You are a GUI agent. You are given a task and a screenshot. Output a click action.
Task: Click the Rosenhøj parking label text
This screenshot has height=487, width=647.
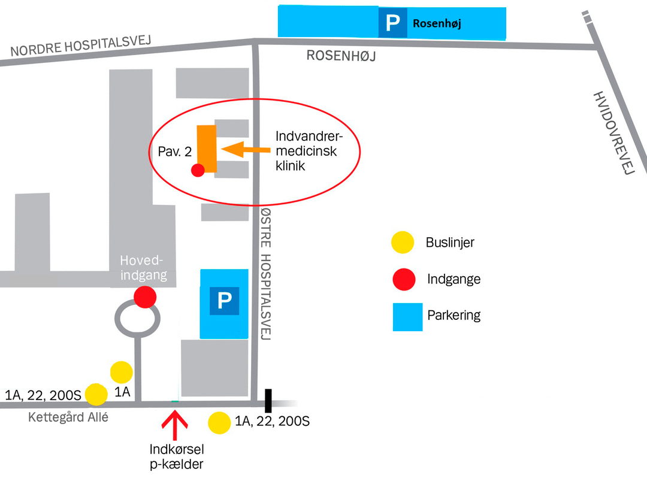437,23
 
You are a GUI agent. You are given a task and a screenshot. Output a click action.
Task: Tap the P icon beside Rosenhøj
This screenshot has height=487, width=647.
393,22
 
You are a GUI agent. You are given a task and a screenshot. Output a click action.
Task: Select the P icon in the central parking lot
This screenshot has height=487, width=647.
225,301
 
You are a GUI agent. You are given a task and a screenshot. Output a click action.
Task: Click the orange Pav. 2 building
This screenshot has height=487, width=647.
207,148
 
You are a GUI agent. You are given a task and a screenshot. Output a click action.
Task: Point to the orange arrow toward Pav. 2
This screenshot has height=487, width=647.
246,149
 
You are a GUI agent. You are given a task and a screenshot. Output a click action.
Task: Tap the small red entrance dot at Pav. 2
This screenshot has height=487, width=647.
198,170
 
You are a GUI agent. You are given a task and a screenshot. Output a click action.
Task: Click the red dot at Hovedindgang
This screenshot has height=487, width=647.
145,297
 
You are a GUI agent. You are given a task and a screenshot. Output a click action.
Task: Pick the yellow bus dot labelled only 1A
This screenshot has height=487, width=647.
121,372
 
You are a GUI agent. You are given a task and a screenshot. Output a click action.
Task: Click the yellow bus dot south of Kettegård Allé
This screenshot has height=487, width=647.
219,423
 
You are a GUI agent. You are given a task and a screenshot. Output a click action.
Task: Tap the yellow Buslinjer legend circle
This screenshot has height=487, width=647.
403,242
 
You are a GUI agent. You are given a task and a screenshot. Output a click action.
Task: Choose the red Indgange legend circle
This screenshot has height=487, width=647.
404,279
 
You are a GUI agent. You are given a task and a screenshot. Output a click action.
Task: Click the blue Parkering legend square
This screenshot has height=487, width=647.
408,317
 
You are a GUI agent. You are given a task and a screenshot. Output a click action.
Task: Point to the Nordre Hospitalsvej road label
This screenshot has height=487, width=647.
81,46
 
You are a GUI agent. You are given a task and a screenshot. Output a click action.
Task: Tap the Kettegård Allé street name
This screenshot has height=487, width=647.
68,417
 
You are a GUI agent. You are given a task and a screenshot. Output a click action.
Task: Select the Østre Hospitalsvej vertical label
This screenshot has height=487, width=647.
266,274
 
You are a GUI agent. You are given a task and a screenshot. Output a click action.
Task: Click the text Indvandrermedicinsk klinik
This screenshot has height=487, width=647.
309,150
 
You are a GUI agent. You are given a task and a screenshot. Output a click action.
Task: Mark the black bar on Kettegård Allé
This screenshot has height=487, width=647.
268,401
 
